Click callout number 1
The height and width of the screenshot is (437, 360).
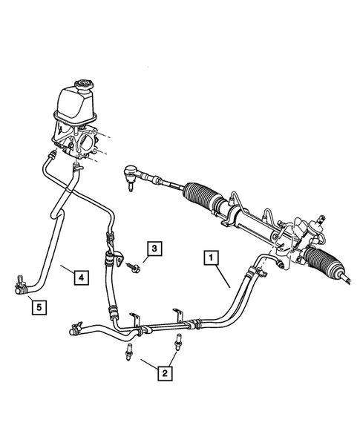tap(212, 257)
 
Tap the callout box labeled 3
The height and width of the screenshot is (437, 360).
tap(153, 249)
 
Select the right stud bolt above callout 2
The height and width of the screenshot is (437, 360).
tap(179, 343)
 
